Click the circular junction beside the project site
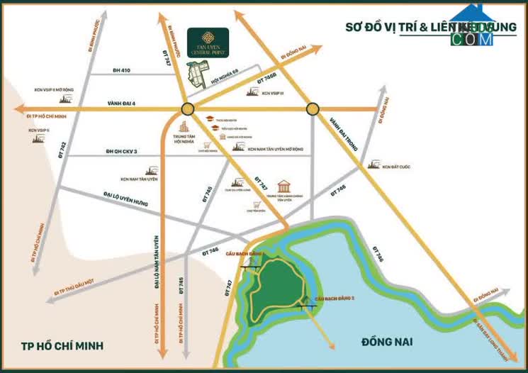pos(187,109)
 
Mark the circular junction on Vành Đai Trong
pos(312,109)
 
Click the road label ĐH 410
pos(122,71)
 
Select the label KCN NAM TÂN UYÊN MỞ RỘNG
pos(275,150)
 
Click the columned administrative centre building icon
pos(284,186)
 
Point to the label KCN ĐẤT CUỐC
pos(396,167)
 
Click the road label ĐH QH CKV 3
pos(121,151)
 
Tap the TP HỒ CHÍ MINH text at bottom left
pos(62,345)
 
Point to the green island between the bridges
pos(276,287)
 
